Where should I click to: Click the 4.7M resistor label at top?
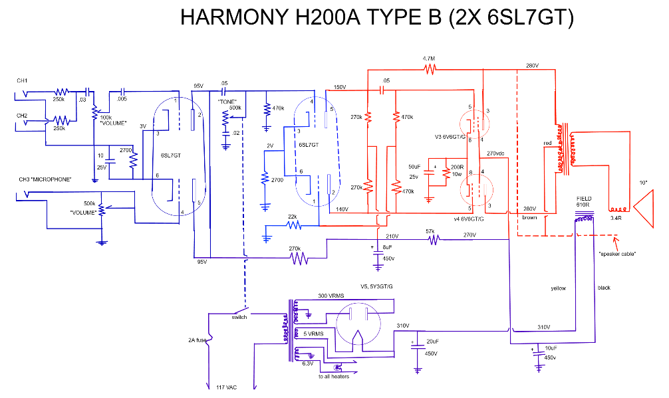point(429,58)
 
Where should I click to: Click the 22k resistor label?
point(292,217)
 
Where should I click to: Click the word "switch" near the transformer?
point(239,317)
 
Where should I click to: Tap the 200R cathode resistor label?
point(458,167)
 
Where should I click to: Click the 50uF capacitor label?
point(414,165)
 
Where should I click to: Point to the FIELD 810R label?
point(583,201)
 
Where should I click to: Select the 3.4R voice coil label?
point(616,217)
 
